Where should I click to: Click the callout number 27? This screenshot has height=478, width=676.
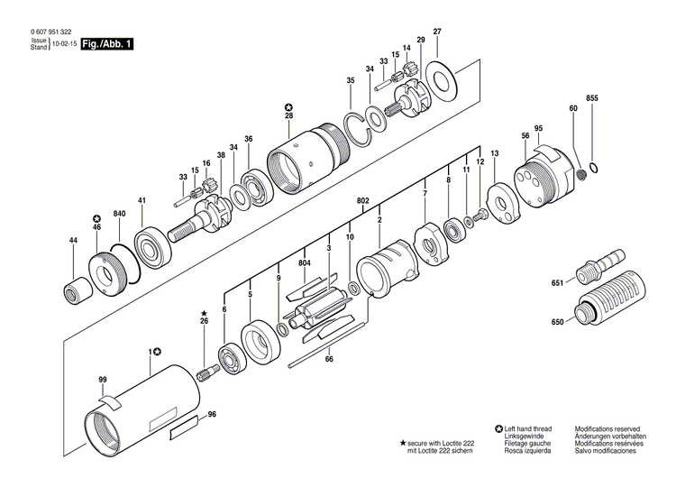pyautogui.click(x=437, y=32)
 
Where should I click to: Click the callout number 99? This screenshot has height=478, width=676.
pyautogui.click(x=103, y=379)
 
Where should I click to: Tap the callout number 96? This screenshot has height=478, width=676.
pyautogui.click(x=212, y=415)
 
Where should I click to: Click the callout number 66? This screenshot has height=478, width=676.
pyautogui.click(x=329, y=360)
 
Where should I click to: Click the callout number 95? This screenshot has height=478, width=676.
pyautogui.click(x=537, y=128)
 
